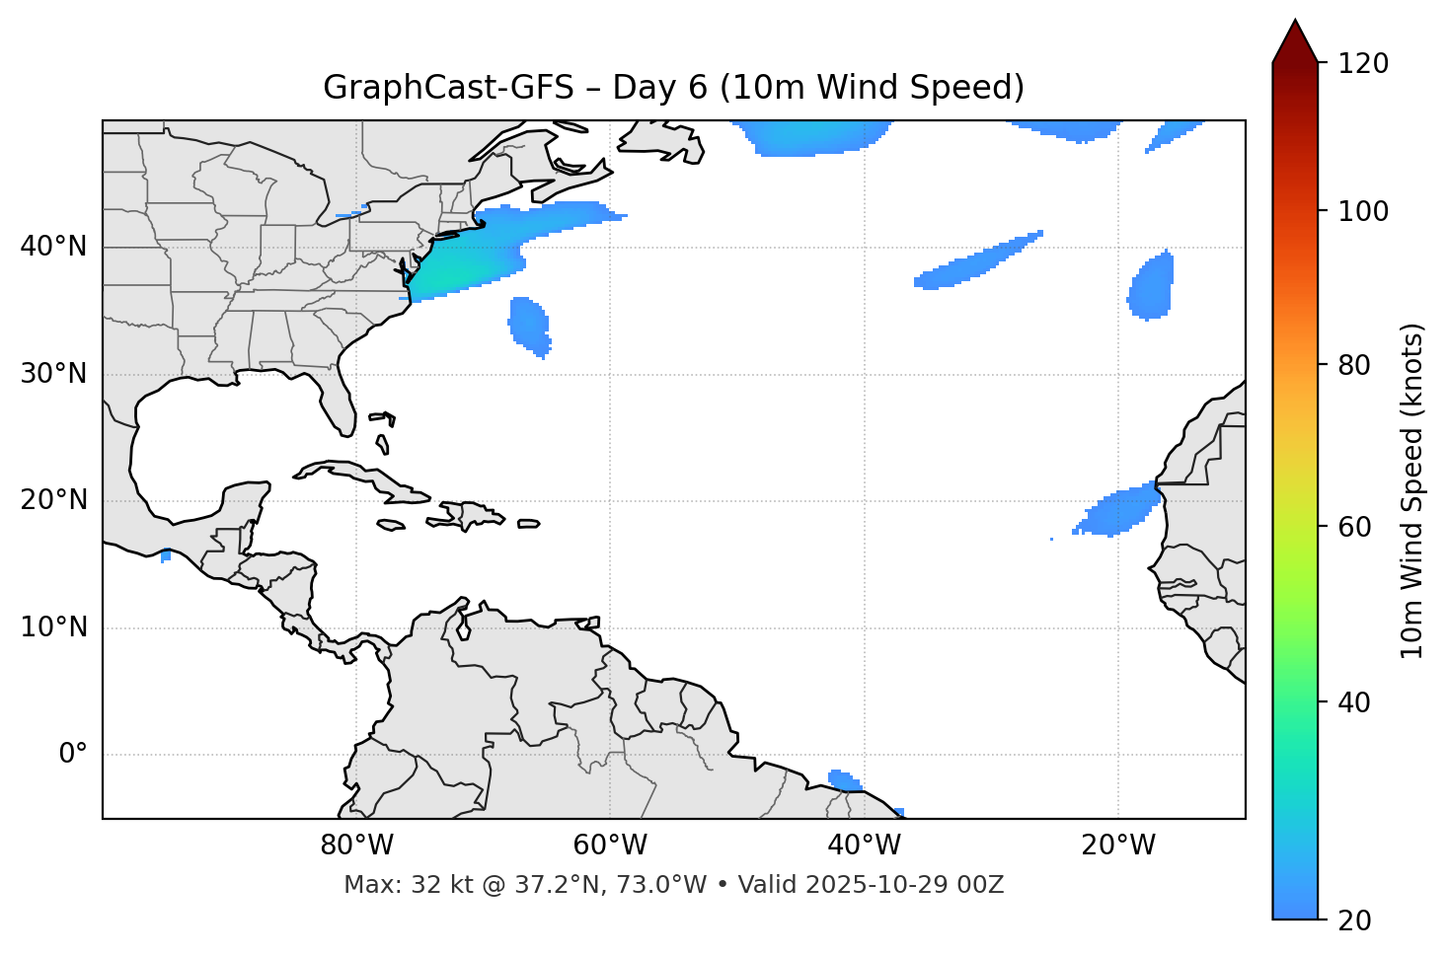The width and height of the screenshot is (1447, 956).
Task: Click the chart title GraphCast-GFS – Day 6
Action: coord(673,88)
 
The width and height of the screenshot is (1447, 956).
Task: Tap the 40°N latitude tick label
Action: coord(53,247)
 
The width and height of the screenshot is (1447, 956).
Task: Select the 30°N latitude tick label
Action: coord(53,374)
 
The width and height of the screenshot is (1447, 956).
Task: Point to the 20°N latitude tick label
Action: coord(53,500)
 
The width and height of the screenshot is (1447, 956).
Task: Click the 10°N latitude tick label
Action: coord(53,627)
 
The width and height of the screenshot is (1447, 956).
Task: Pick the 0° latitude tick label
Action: coord(72,754)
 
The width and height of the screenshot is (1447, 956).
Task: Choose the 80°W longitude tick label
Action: coord(356,846)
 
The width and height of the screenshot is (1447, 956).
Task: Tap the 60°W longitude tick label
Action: coord(610,846)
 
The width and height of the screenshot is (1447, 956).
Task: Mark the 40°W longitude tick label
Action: coord(864,846)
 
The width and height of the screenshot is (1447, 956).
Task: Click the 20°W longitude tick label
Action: coord(1117,846)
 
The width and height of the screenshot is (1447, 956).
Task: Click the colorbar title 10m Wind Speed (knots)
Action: coord(1412,490)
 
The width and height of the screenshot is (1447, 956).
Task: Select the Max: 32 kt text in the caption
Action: coord(394,885)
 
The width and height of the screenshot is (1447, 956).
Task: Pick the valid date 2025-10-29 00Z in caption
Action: coord(904,885)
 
